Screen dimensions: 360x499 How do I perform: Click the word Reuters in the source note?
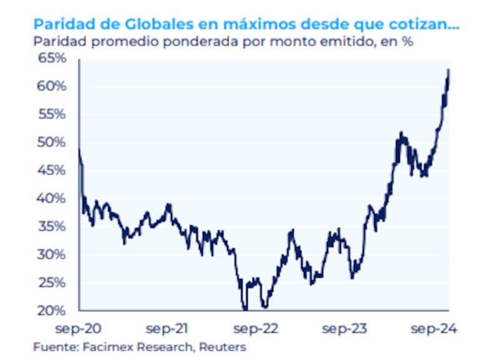(223, 347)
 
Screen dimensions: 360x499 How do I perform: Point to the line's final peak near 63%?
(449, 70)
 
